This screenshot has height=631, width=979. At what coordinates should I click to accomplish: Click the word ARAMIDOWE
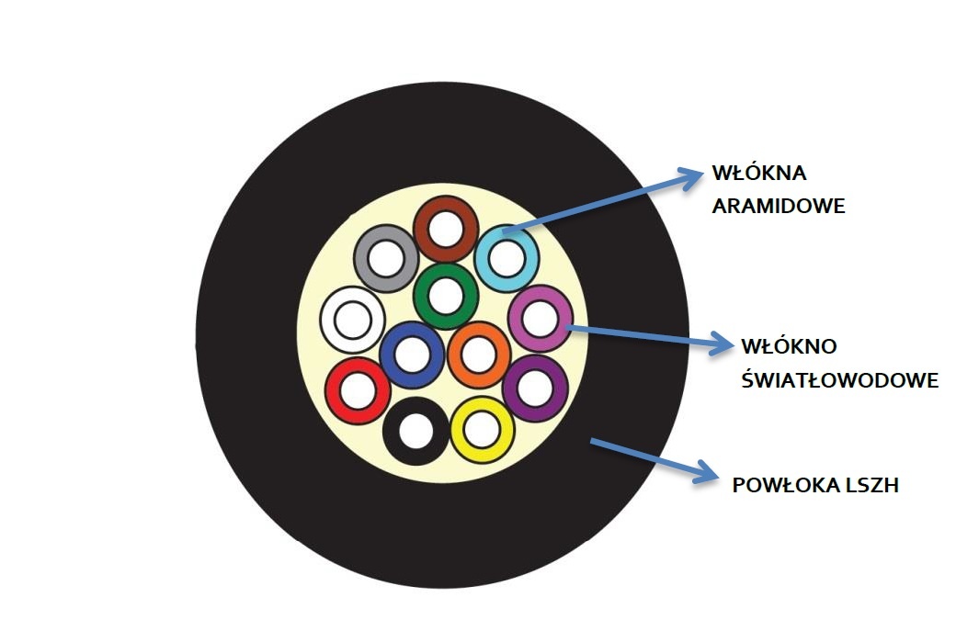[778, 206]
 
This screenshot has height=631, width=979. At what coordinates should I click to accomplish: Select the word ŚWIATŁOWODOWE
[840, 380]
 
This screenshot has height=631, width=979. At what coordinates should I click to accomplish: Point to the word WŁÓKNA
[759, 173]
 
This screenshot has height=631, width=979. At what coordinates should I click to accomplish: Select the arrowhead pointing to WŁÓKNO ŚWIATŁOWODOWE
[721, 344]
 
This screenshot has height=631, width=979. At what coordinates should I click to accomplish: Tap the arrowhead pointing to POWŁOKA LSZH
[707, 472]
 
